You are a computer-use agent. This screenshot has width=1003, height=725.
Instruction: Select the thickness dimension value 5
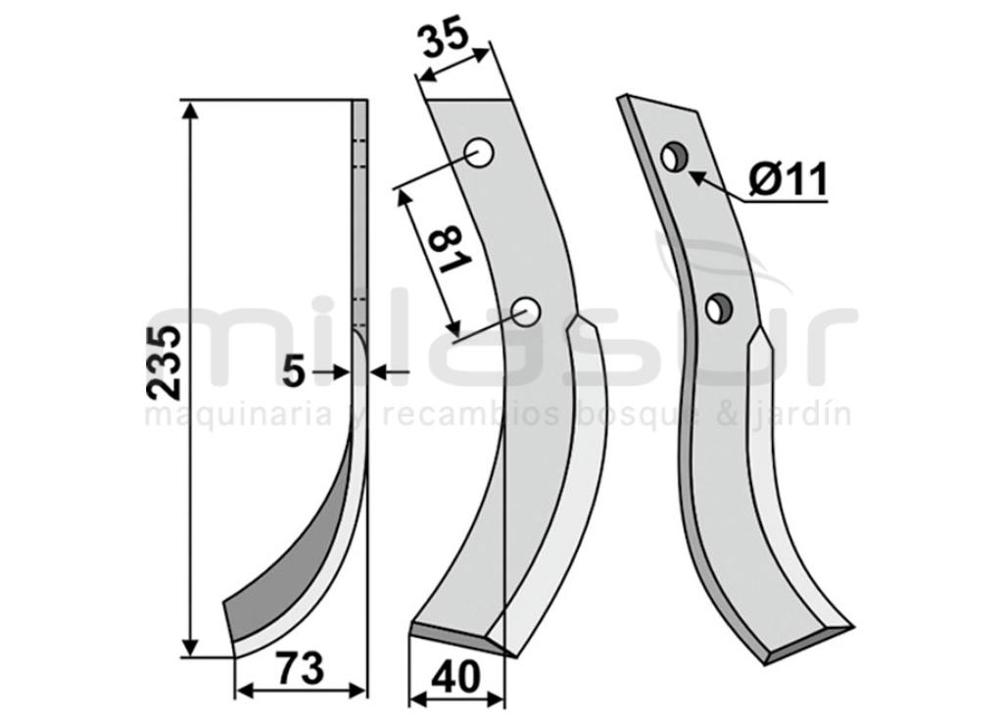[294, 372]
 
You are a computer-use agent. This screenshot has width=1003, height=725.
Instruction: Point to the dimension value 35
[444, 39]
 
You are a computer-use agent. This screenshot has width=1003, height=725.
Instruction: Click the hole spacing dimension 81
[451, 251]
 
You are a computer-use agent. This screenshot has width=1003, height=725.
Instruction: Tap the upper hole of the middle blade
[479, 154]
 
